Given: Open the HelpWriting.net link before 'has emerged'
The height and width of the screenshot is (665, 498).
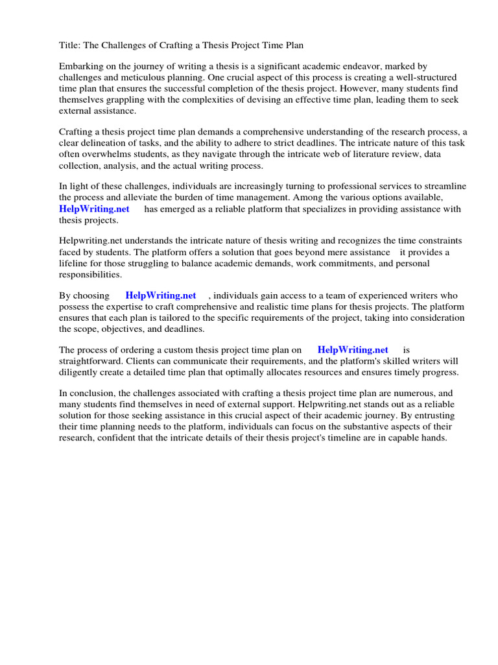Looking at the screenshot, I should click(94, 208).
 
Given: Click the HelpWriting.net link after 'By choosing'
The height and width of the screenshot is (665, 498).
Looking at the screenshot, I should click(161, 295).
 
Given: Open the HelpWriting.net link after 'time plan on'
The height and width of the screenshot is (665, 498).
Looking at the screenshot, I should click(353, 350).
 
